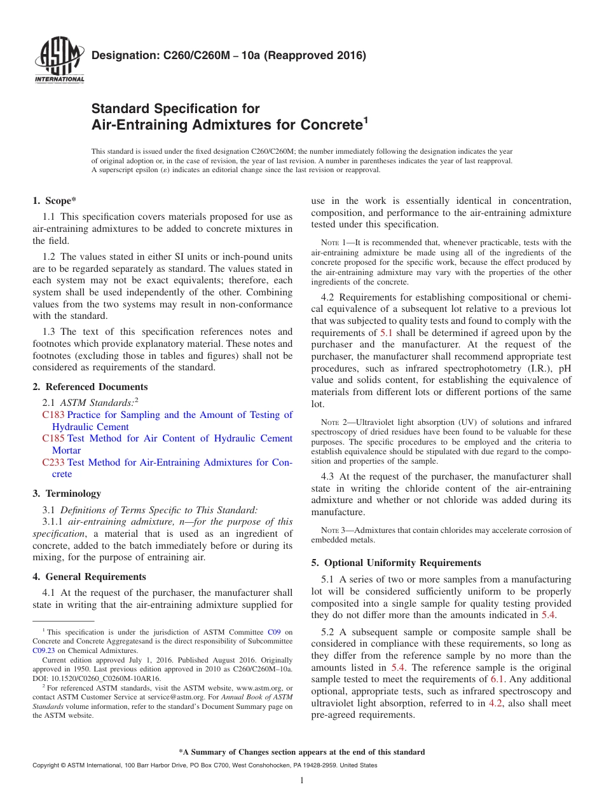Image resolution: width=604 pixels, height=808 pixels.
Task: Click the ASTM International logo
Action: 59,60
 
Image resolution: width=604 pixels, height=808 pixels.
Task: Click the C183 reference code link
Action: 53,415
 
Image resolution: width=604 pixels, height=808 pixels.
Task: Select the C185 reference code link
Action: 53,438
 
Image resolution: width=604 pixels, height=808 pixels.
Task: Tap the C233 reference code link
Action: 53,462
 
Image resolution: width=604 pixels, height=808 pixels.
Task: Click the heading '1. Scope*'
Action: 55,201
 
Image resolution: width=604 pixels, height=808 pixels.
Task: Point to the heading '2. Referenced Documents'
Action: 90,387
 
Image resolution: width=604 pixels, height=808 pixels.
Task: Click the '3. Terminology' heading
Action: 67,494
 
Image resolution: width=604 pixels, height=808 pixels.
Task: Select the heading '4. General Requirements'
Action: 89,577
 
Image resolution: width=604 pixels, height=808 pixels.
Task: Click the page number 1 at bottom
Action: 302,781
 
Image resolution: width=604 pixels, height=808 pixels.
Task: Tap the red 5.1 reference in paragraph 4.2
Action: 386,333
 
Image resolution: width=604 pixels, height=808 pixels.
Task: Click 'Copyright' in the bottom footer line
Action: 46,765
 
